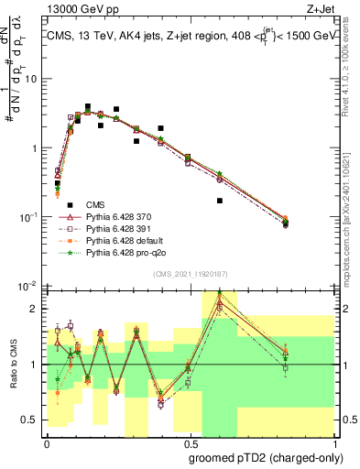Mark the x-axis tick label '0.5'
click(189, 442)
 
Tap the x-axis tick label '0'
click(47, 442)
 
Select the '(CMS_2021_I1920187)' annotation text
click(190, 274)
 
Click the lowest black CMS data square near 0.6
click(220, 201)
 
